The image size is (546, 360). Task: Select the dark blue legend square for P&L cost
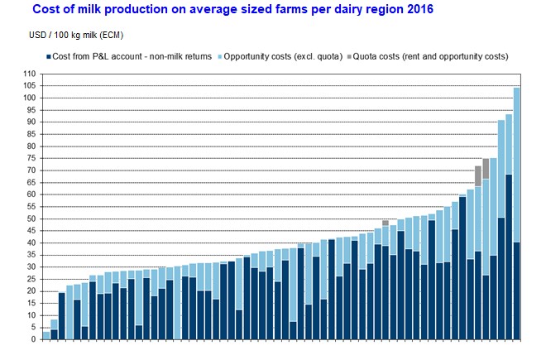point(47,56)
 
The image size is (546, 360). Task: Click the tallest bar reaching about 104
point(517,166)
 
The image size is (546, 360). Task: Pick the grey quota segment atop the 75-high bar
point(486,168)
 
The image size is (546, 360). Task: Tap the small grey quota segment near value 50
point(386,223)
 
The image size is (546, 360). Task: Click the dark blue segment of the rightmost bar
point(517,290)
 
